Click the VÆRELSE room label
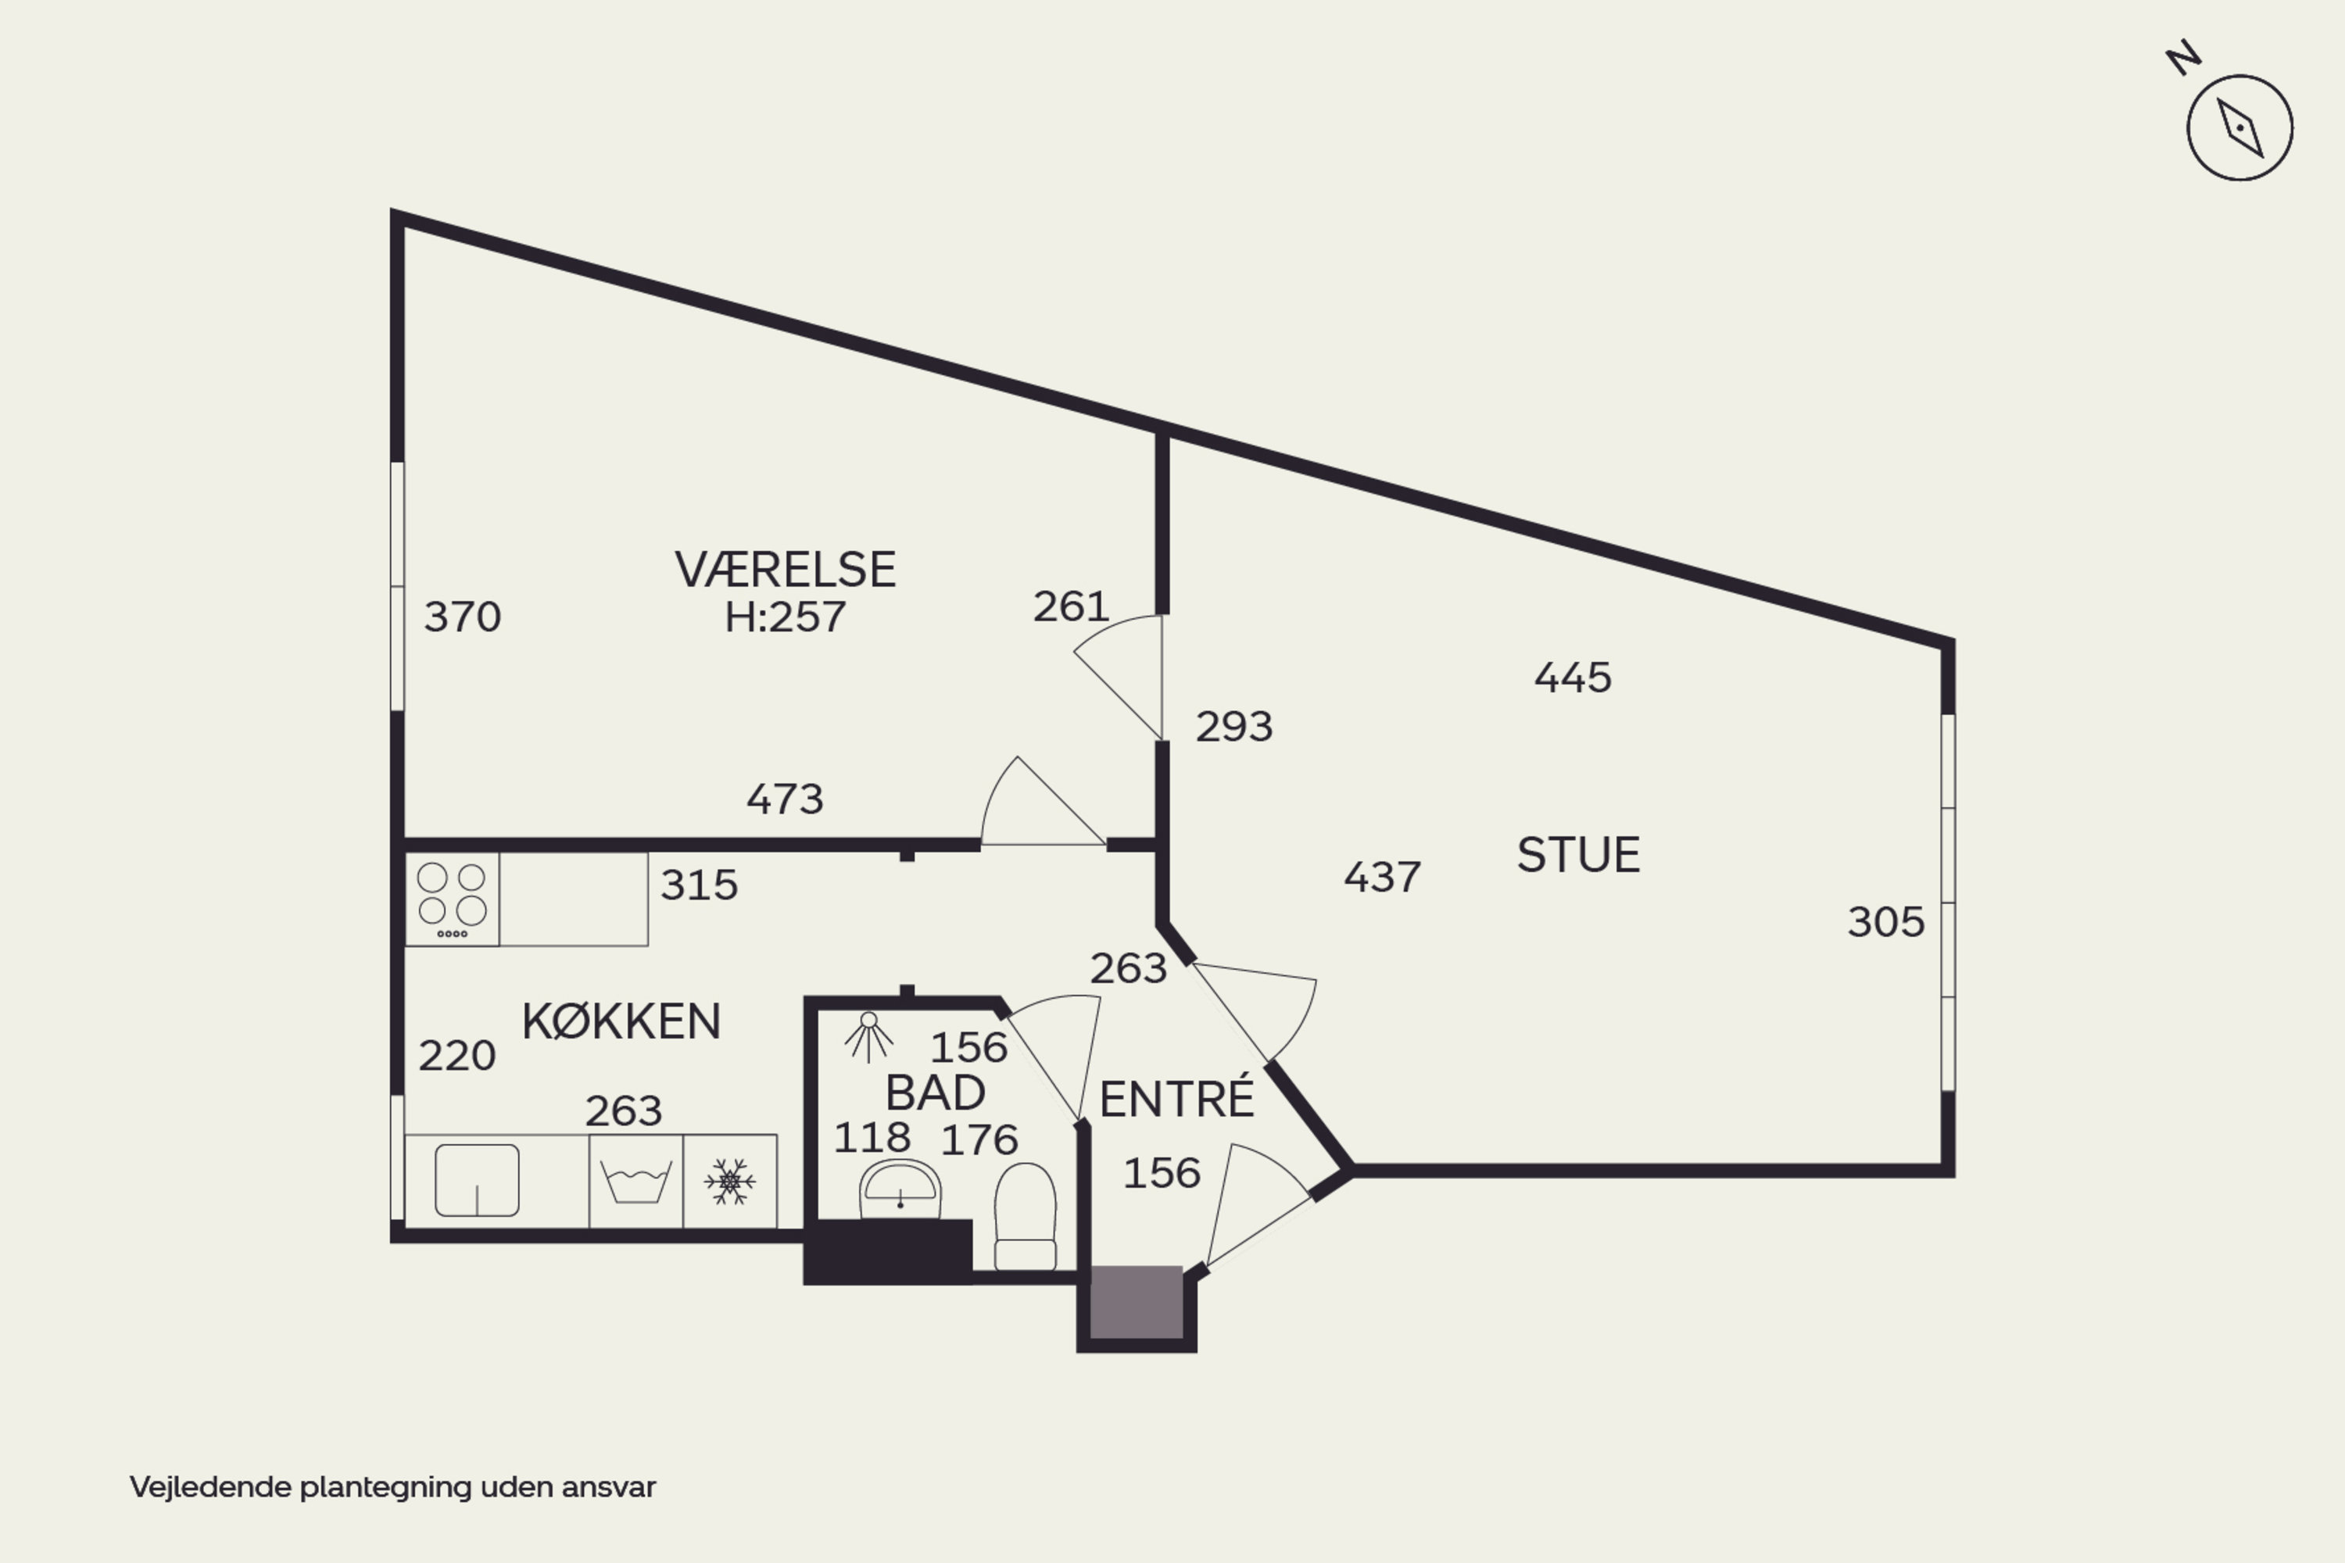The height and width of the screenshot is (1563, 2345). click(786, 570)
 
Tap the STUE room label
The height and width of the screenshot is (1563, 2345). click(1578, 855)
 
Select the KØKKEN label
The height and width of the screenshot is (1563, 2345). click(621, 1021)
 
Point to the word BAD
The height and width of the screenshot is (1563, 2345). click(935, 1093)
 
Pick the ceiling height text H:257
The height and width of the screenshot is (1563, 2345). click(786, 617)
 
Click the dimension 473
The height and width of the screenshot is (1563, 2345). click(786, 799)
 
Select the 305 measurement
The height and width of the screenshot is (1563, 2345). click(1886, 922)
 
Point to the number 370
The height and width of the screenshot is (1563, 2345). click(463, 617)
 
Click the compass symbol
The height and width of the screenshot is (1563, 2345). click(2240, 127)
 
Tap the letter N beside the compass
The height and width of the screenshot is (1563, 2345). click(2183, 58)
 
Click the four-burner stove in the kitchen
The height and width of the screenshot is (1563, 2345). click(453, 900)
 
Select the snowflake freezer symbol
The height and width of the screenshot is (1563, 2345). click(730, 1181)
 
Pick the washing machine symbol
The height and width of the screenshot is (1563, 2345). click(636, 1181)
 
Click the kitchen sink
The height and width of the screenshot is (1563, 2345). click(477, 1180)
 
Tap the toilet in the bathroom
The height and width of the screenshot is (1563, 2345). click(1025, 1216)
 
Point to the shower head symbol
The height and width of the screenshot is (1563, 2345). click(868, 1038)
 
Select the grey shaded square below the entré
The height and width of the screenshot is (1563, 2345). click(1137, 1302)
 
